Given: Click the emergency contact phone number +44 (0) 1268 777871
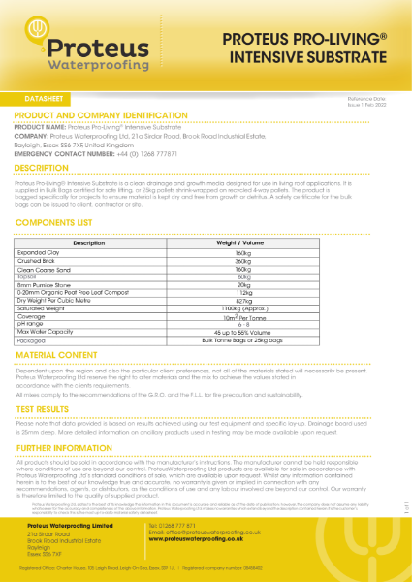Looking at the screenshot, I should [x=141, y=153].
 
